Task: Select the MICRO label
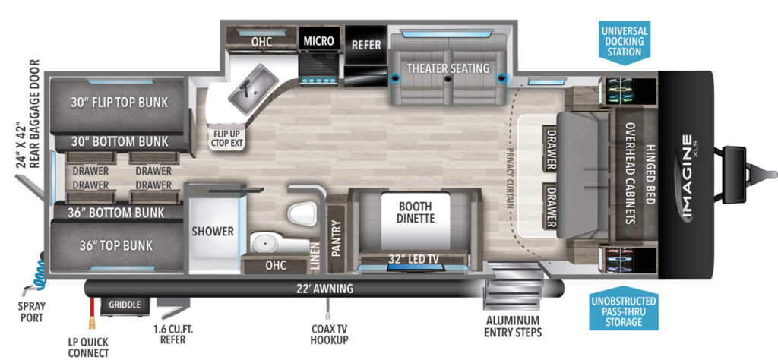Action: pyautogui.click(x=319, y=41)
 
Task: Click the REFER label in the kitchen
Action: pyautogui.click(x=366, y=45)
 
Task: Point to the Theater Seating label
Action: pyautogui.click(x=448, y=68)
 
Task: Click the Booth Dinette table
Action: pyautogui.click(x=415, y=221)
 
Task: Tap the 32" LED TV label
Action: pyautogui.click(x=415, y=258)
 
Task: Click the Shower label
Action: pyautogui.click(x=213, y=231)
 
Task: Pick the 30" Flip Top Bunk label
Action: pyautogui.click(x=119, y=103)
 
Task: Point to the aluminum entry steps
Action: pyautogui.click(x=513, y=286)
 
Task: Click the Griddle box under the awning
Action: pyautogui.click(x=125, y=305)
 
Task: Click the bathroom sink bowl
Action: pyautogui.click(x=265, y=243)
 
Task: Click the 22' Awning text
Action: pyautogui.click(x=325, y=289)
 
